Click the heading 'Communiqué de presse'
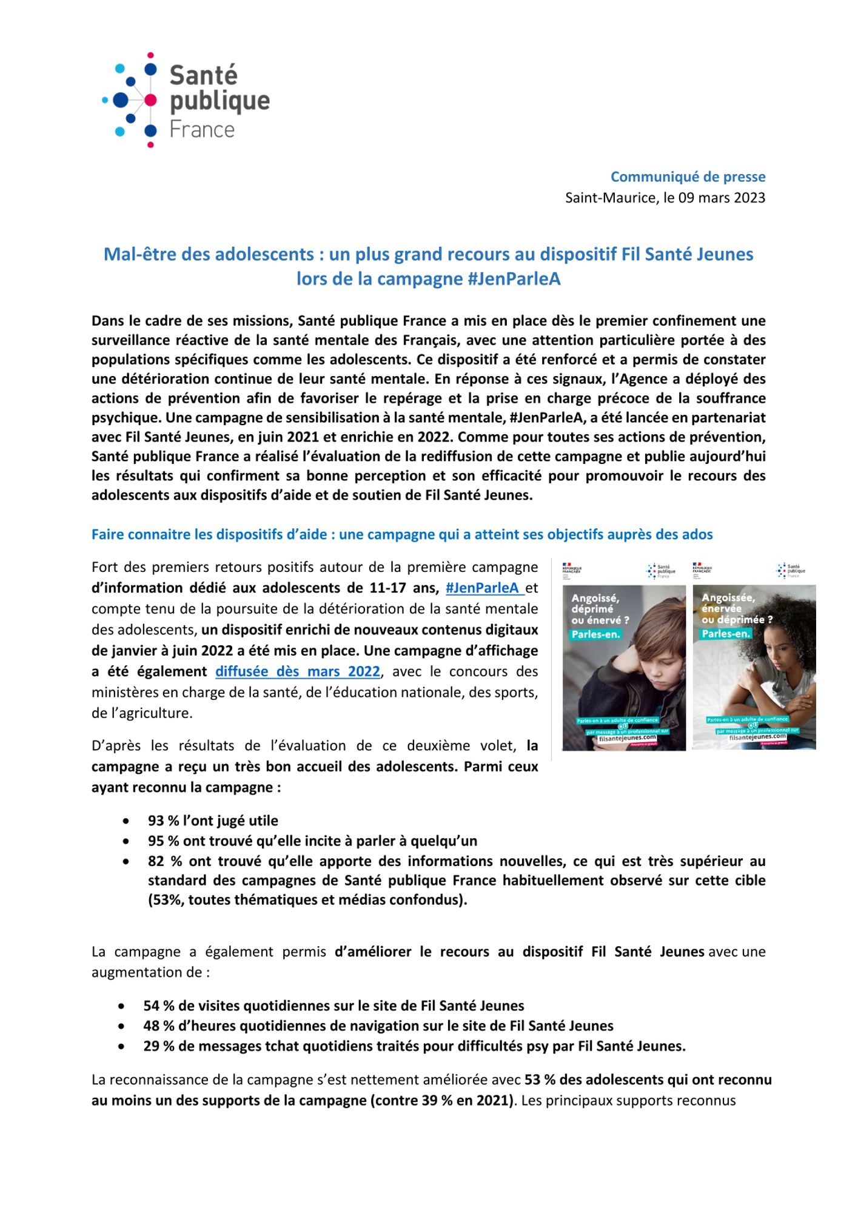coord(688,177)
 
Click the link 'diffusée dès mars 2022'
coord(298,671)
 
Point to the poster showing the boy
coord(624,667)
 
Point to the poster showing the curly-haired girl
coord(754,667)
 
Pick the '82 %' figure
coord(164,861)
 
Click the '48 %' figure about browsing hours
coord(158,1026)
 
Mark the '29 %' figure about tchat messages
coord(158,1046)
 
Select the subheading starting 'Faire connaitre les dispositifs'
coord(402,534)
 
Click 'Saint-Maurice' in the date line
coord(610,198)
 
